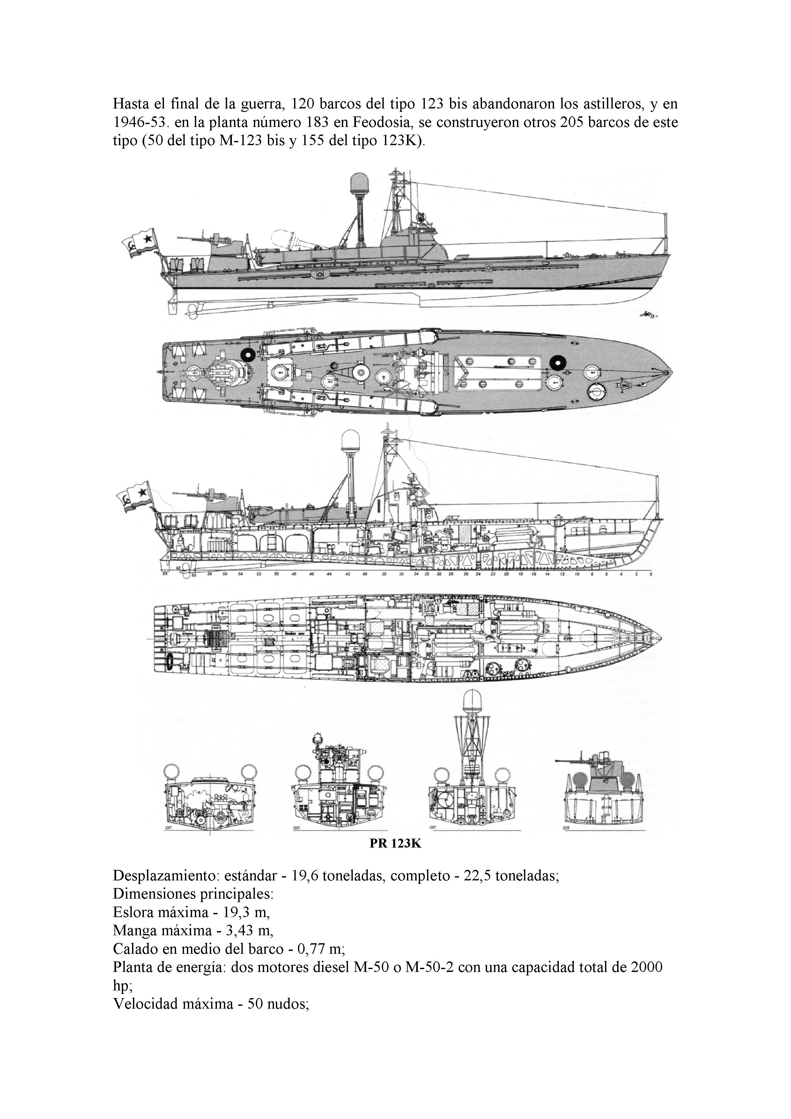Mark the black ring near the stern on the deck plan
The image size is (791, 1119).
pos(247,354)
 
